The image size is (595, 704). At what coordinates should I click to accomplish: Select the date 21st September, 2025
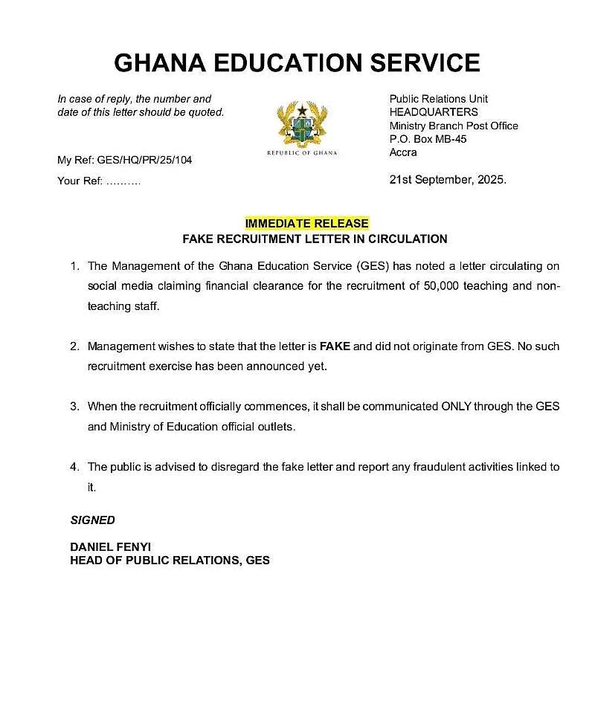coord(448,180)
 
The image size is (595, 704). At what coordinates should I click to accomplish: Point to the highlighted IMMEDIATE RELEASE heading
coord(306,224)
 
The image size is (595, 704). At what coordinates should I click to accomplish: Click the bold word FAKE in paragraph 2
coord(334,346)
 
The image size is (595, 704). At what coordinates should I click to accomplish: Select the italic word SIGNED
coord(93,520)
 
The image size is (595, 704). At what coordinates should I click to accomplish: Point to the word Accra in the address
coord(403,152)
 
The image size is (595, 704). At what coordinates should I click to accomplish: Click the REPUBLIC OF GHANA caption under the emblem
coord(302,153)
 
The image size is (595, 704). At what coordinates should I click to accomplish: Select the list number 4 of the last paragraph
coord(74,467)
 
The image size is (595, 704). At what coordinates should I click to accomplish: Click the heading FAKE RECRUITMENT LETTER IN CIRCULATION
coord(315,239)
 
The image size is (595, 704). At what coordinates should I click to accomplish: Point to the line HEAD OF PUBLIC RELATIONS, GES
coord(170,561)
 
